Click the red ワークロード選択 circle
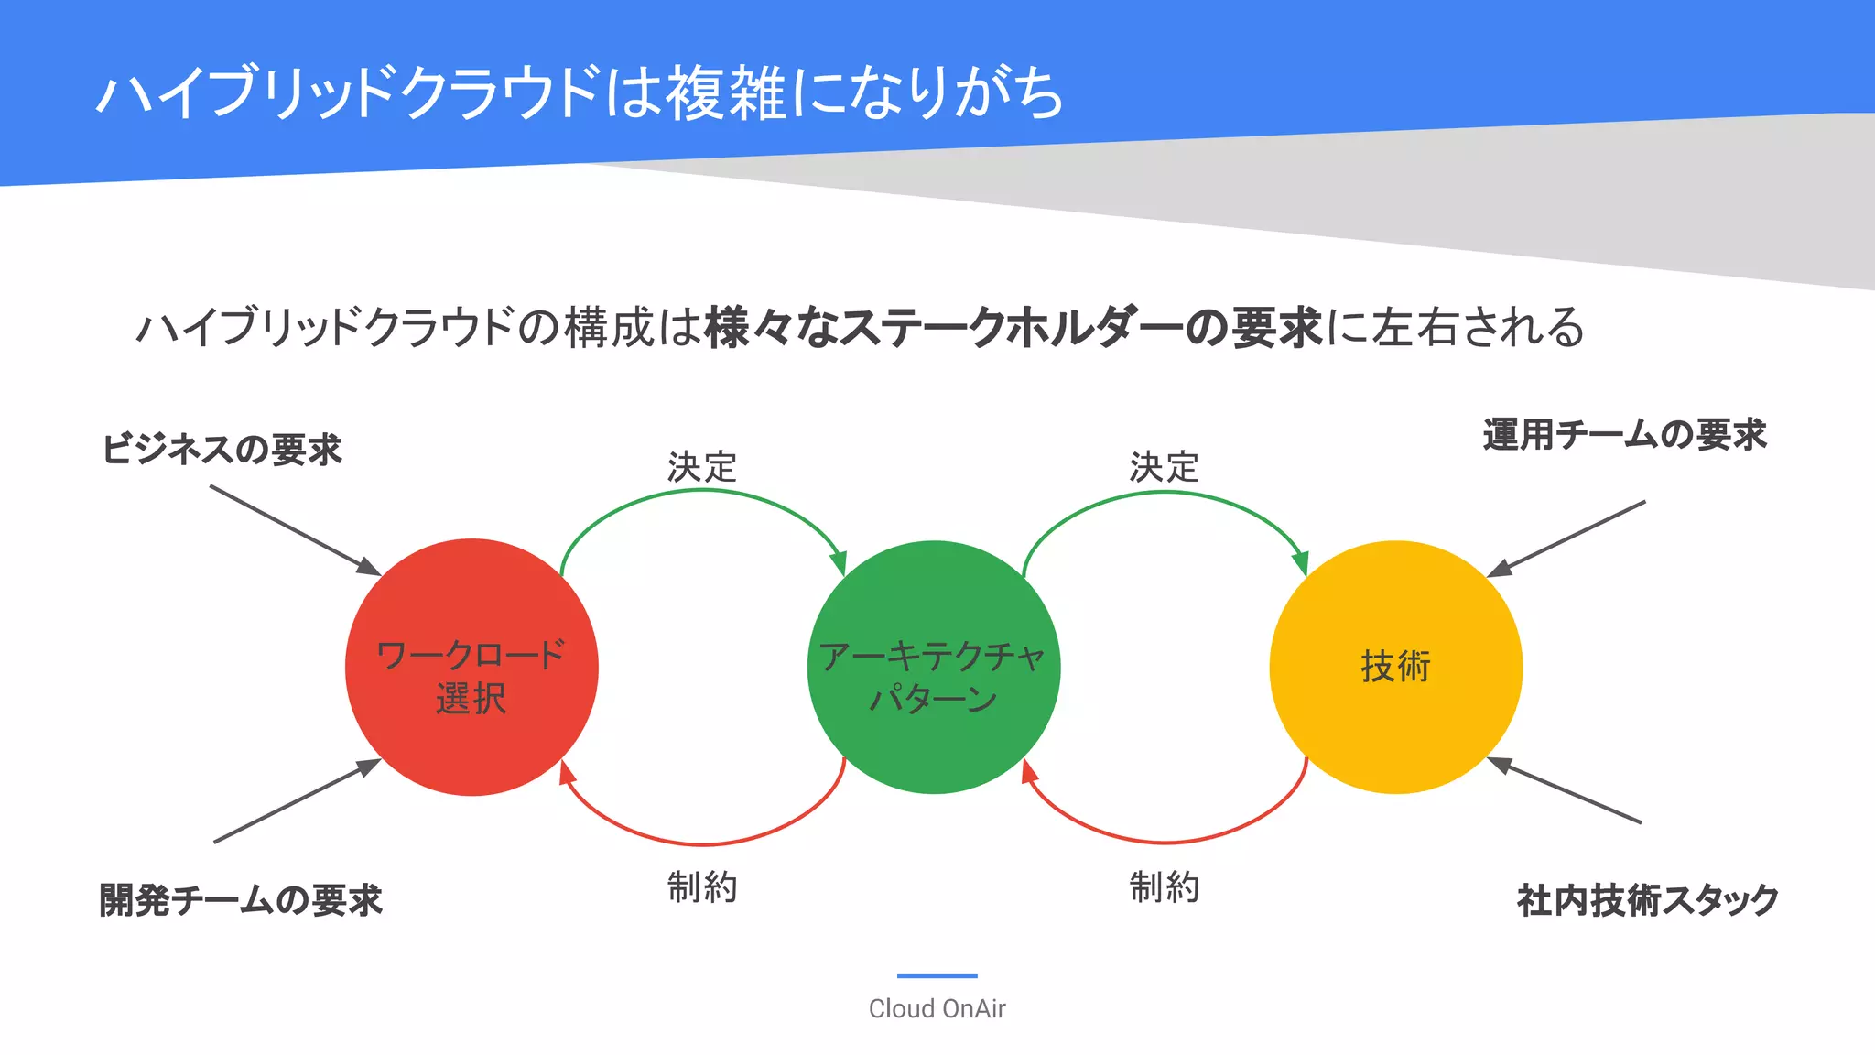[471, 667]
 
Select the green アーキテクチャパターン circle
[934, 667]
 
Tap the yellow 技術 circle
[1395, 667]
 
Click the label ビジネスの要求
[222, 450]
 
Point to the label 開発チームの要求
[241, 900]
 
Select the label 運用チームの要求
[1624, 435]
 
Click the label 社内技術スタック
[1648, 900]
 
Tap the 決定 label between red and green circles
[702, 467]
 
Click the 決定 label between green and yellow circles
[1164, 467]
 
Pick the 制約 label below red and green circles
[702, 887]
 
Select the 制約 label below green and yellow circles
[1164, 887]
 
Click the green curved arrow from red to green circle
[702, 492]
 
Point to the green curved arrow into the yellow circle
[1164, 493]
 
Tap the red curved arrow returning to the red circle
[702, 843]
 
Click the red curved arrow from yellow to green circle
[1164, 842]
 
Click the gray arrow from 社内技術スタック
[1566, 790]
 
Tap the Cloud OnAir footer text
[937, 1008]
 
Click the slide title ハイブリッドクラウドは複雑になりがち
[580, 92]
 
